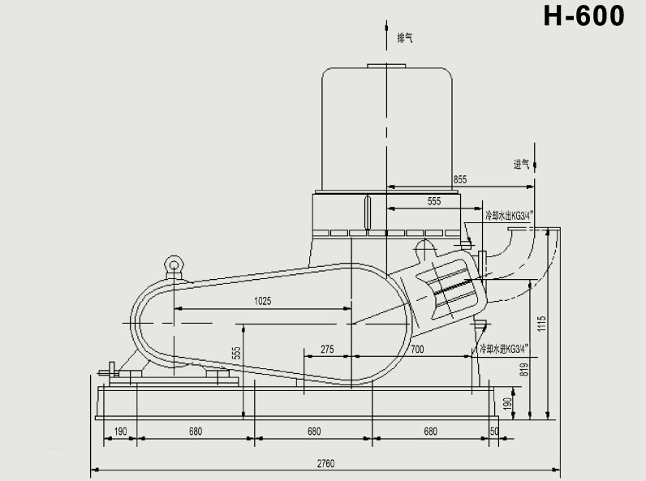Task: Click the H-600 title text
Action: (584, 17)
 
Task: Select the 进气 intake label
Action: (522, 164)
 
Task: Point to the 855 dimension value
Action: (460, 179)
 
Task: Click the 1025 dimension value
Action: (261, 301)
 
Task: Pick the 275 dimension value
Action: (327, 349)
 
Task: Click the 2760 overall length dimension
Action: (326, 463)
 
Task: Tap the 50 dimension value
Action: (494, 431)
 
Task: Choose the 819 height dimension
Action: (525, 369)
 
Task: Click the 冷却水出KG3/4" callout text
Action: (507, 216)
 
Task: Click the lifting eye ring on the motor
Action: (172, 264)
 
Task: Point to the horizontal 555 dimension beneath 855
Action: (433, 200)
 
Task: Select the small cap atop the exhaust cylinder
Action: (388, 67)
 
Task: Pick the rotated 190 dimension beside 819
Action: (507, 403)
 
